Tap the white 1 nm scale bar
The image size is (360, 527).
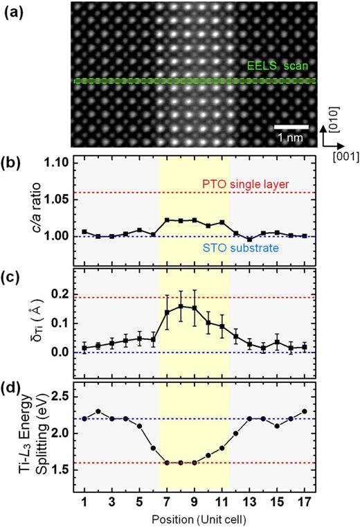[x=291, y=127]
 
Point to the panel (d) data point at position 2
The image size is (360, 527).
[x=98, y=411]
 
